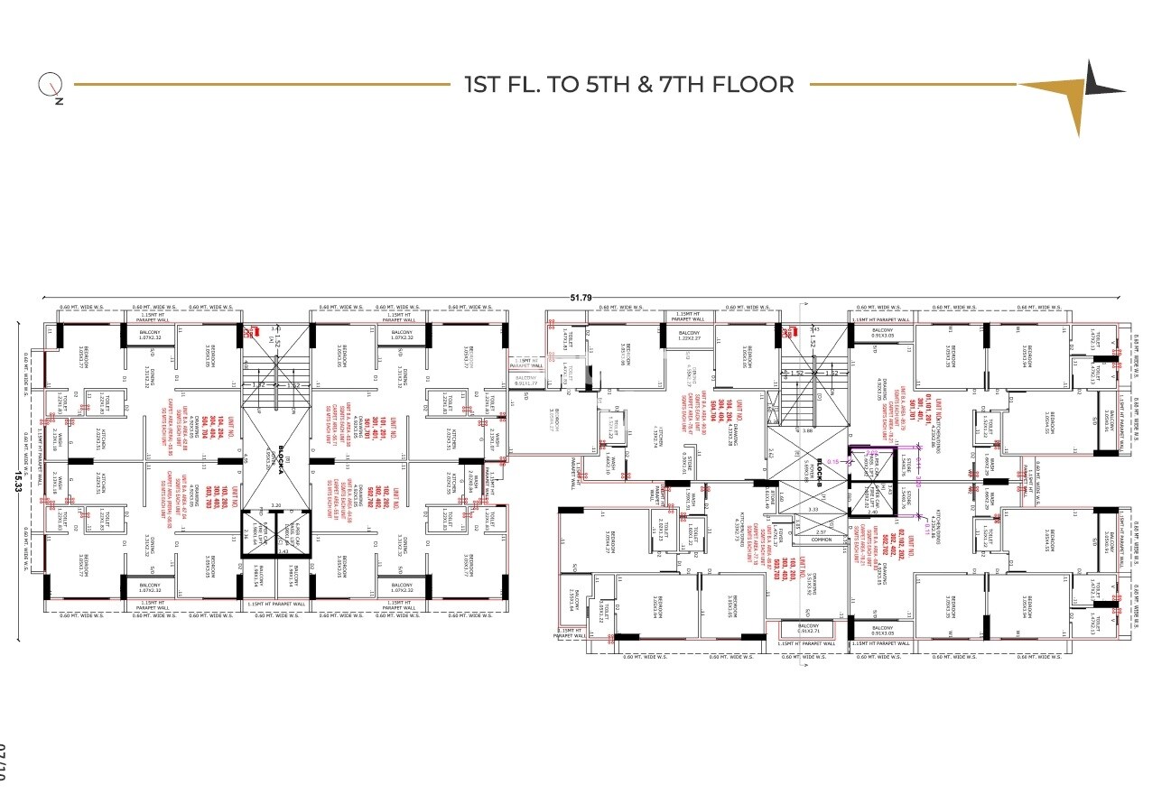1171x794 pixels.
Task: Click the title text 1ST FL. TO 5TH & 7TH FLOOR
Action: coord(629,85)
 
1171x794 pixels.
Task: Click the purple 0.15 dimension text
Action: coord(832,461)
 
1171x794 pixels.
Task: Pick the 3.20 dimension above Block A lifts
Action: coord(276,505)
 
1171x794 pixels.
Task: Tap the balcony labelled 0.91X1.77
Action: coord(525,381)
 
